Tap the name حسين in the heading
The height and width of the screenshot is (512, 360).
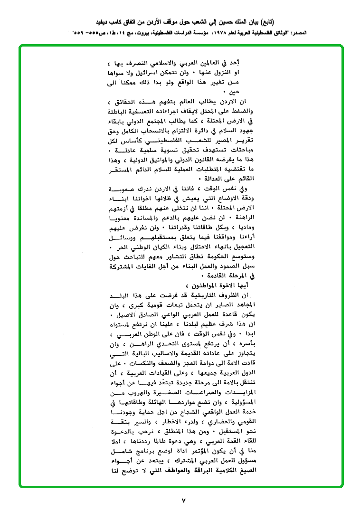click(225, 21)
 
